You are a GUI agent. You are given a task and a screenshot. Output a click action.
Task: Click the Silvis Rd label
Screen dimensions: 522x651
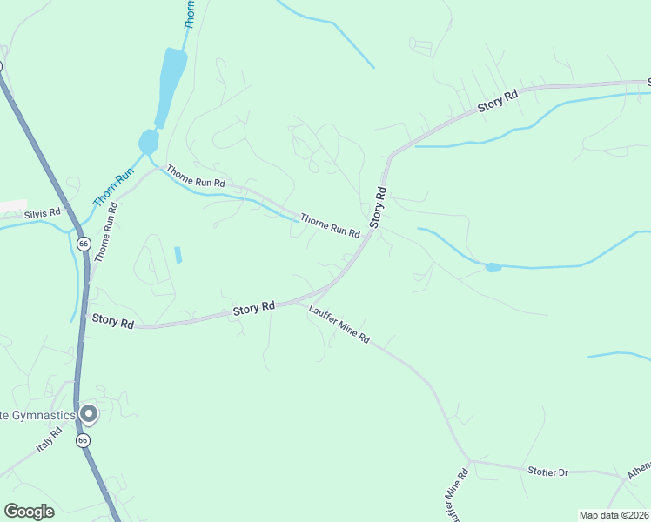click(43, 211)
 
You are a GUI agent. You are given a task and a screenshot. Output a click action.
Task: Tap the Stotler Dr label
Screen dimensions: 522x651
click(547, 472)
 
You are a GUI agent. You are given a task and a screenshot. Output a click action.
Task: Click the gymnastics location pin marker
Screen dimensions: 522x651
click(87, 414)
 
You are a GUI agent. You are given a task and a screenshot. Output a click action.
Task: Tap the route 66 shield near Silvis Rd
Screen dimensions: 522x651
click(82, 243)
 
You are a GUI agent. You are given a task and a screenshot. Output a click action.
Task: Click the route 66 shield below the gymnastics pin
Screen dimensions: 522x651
click(83, 441)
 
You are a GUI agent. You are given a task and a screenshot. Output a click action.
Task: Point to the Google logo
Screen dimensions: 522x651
click(29, 512)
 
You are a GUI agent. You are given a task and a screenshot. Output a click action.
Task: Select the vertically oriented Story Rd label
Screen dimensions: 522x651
click(379, 207)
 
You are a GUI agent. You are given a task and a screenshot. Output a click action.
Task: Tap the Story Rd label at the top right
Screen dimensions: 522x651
click(498, 101)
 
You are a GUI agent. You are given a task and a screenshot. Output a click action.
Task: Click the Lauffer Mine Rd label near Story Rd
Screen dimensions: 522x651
click(339, 325)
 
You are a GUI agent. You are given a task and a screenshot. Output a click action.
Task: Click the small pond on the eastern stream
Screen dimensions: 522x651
click(493, 267)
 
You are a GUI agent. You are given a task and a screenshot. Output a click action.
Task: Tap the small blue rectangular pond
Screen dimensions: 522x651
click(178, 255)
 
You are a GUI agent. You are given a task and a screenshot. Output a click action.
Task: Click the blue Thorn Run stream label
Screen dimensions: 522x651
click(107, 186)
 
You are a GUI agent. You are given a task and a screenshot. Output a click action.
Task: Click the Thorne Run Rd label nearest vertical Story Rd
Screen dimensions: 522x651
click(330, 225)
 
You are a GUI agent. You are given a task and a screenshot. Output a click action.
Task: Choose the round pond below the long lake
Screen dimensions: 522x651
click(149, 141)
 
